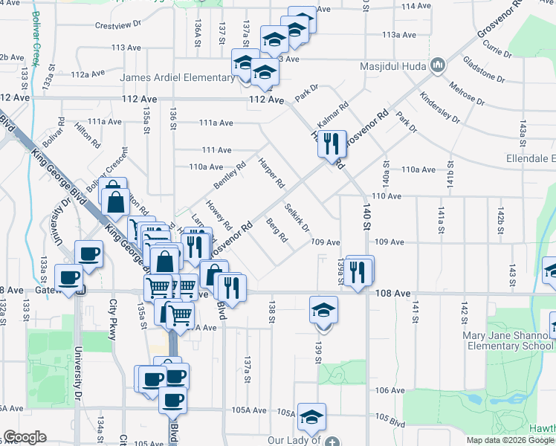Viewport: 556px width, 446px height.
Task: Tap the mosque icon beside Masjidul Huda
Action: [438, 66]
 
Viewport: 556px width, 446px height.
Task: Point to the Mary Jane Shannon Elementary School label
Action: [508, 340]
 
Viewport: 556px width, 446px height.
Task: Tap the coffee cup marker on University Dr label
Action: [88, 253]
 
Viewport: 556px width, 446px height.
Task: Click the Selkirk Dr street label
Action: [297, 217]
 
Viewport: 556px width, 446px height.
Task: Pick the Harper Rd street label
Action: [271, 172]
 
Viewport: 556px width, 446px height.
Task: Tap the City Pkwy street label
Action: [114, 320]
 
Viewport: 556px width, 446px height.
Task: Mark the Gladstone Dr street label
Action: [484, 68]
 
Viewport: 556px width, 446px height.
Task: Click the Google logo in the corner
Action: [25, 437]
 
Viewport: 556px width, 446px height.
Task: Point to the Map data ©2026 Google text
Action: [509, 440]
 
